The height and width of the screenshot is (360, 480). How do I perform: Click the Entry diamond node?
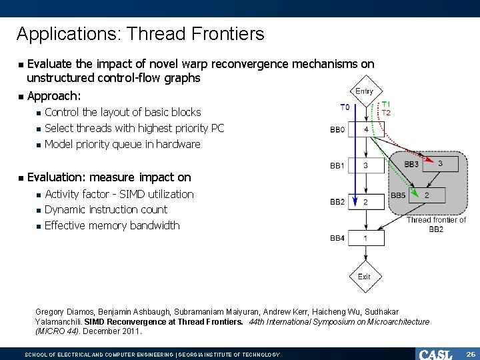point(365,92)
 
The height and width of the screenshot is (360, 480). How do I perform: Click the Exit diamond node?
point(365,277)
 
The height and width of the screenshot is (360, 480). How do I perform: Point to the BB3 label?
point(411,164)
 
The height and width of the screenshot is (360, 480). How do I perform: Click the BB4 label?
point(337,238)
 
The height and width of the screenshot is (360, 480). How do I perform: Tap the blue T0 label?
point(344,107)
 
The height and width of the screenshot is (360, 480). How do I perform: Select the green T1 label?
point(386,105)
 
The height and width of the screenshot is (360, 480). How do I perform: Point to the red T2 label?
point(386,113)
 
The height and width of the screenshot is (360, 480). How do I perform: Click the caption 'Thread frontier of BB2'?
point(436,224)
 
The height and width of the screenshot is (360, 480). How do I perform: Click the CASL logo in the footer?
point(435,354)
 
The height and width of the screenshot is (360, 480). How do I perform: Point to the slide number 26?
point(470,354)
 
